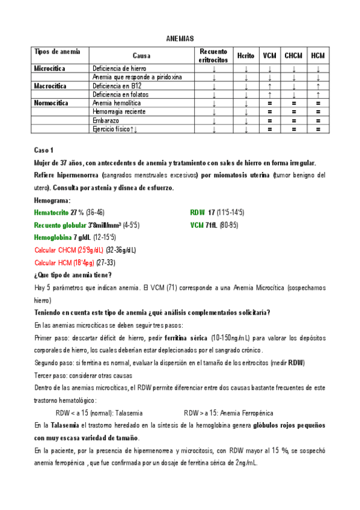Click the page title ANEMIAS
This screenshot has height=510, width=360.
pos(180,38)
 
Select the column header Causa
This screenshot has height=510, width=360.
pos(141,55)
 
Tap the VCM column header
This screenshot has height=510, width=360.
pos(269,55)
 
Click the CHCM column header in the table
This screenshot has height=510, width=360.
pos(293,55)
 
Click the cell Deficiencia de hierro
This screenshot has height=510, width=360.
pos(119,69)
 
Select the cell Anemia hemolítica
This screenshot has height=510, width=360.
pos(114,103)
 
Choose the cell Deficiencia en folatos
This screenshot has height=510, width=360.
pos(120,94)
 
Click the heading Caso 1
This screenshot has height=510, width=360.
pos(44,149)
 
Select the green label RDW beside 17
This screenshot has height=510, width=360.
pos(198,212)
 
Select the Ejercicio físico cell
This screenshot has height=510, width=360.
pos(115,129)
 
